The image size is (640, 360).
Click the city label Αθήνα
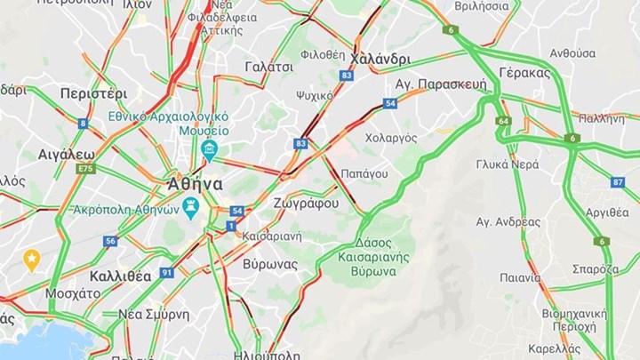point(195,184)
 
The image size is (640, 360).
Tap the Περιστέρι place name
point(93,93)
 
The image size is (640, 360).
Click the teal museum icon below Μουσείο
point(210,148)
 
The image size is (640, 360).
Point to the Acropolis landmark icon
point(190,206)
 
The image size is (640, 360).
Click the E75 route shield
point(85,168)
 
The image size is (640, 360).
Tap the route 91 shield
point(166,273)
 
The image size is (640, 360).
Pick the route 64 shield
point(504,121)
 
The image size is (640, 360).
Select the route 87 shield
point(618,182)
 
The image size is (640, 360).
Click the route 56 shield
point(110,241)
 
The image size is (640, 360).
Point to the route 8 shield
point(83,124)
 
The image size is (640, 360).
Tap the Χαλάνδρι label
point(380,59)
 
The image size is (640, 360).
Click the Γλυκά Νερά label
point(507,164)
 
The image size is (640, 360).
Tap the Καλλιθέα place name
point(120,276)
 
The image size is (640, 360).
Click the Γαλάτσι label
point(268,67)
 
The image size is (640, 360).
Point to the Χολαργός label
point(391,138)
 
